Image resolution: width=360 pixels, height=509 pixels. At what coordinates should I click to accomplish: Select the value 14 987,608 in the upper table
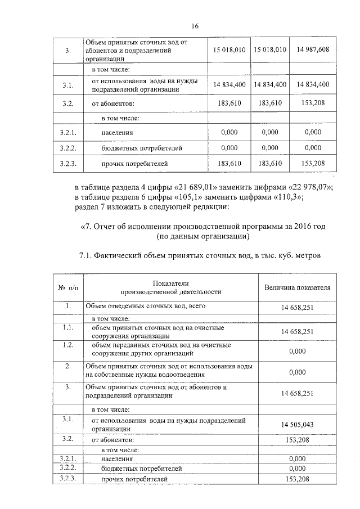(313, 49)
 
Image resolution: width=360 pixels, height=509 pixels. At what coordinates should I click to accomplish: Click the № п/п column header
(67, 287)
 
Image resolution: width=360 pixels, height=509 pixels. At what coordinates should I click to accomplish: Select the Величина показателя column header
(297, 287)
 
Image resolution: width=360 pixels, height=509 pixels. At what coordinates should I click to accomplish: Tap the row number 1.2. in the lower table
(67, 345)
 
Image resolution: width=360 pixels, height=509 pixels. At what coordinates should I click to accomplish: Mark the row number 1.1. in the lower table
(67, 327)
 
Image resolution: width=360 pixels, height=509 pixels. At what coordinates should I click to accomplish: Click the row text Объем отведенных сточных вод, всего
(145, 307)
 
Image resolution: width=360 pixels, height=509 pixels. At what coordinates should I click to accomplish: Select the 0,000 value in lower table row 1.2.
(297, 351)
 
